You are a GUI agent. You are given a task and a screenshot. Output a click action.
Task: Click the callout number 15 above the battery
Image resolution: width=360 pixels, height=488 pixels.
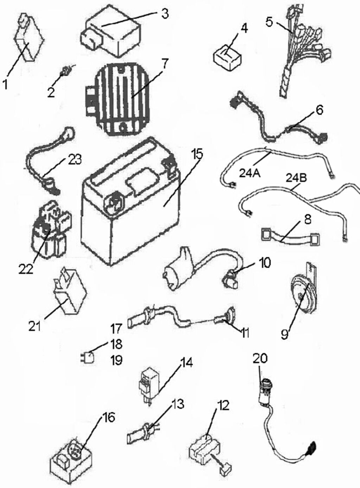[x=197, y=154]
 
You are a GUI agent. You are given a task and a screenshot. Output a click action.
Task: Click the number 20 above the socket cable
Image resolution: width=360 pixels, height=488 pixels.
[x=260, y=358]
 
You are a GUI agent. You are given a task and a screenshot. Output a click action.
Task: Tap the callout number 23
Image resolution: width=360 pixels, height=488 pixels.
[x=74, y=160]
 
